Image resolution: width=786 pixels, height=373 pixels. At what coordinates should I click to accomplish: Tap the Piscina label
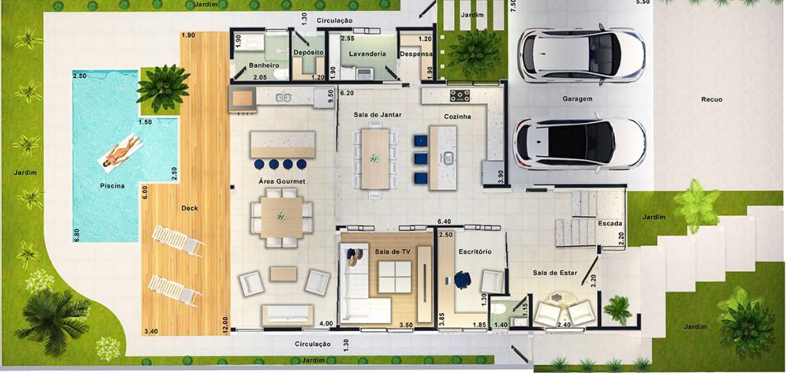112,186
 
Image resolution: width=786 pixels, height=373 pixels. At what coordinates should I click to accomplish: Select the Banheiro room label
264,65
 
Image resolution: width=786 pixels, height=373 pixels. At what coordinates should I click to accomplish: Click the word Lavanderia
368,54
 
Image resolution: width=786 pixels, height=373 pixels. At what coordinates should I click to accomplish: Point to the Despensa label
416,54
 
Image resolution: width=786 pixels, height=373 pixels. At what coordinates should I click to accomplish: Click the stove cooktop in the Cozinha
460,96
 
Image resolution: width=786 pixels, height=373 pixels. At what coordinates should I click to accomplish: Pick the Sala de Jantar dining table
375,160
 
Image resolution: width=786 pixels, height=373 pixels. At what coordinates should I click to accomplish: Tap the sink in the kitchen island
448,158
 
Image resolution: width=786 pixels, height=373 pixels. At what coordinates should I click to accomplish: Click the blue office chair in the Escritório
462,280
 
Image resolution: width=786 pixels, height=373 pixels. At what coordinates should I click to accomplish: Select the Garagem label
577,99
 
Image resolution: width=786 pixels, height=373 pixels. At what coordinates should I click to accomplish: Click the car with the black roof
580,144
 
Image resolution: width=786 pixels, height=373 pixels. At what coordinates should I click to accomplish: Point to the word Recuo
712,99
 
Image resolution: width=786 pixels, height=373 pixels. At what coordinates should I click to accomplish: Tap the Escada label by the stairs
610,224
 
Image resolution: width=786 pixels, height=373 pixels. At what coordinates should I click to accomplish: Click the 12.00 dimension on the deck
225,325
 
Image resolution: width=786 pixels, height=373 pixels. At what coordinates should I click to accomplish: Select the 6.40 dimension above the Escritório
444,221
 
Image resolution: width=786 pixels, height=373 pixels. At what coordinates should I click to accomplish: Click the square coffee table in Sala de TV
395,277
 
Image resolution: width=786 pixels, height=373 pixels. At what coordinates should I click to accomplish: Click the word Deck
190,208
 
